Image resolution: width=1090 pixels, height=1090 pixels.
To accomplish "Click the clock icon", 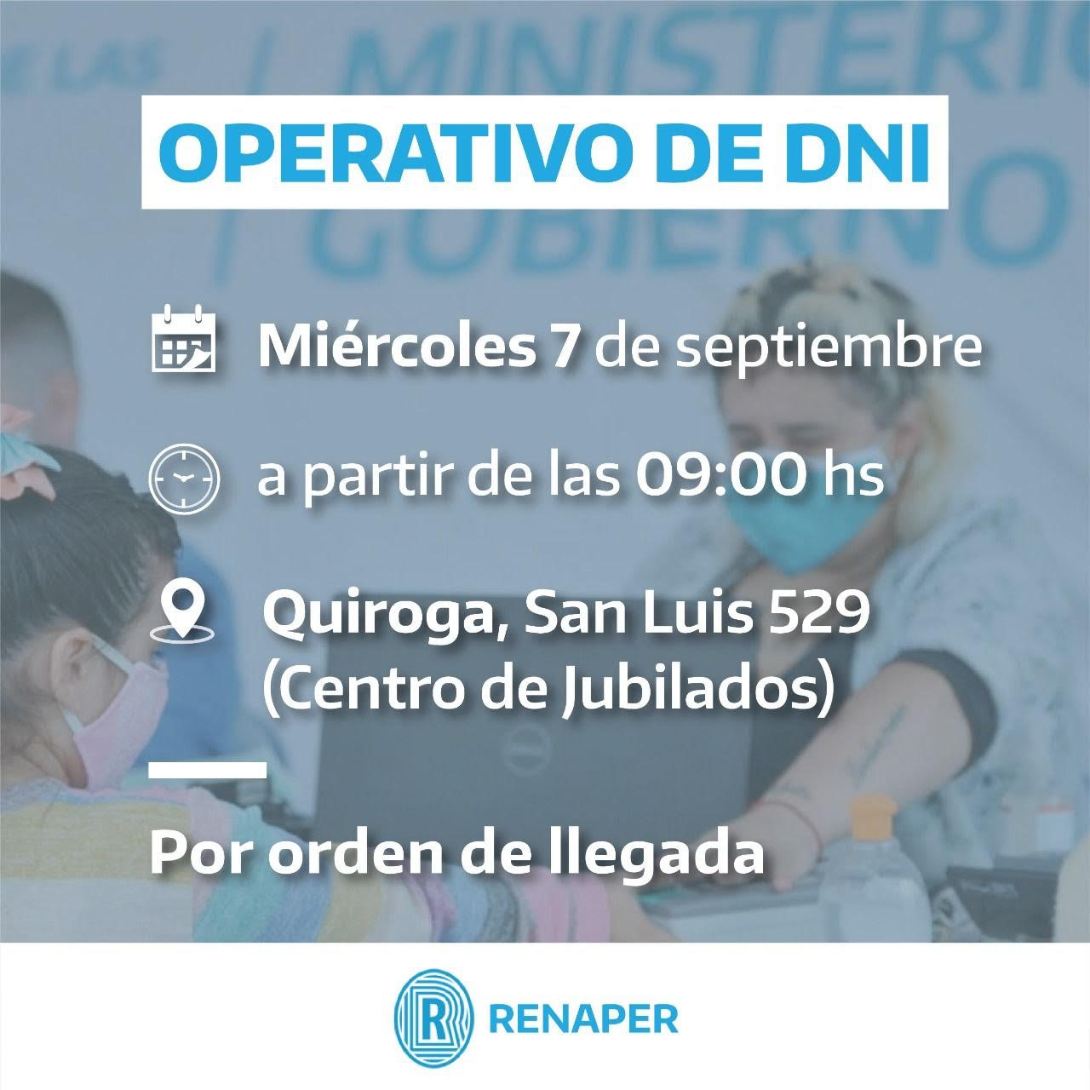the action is point(184,479).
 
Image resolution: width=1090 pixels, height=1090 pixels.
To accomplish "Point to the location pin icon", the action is point(182,613).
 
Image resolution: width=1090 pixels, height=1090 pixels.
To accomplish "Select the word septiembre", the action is point(829,350).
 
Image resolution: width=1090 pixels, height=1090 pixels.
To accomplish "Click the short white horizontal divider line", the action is point(208,770).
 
